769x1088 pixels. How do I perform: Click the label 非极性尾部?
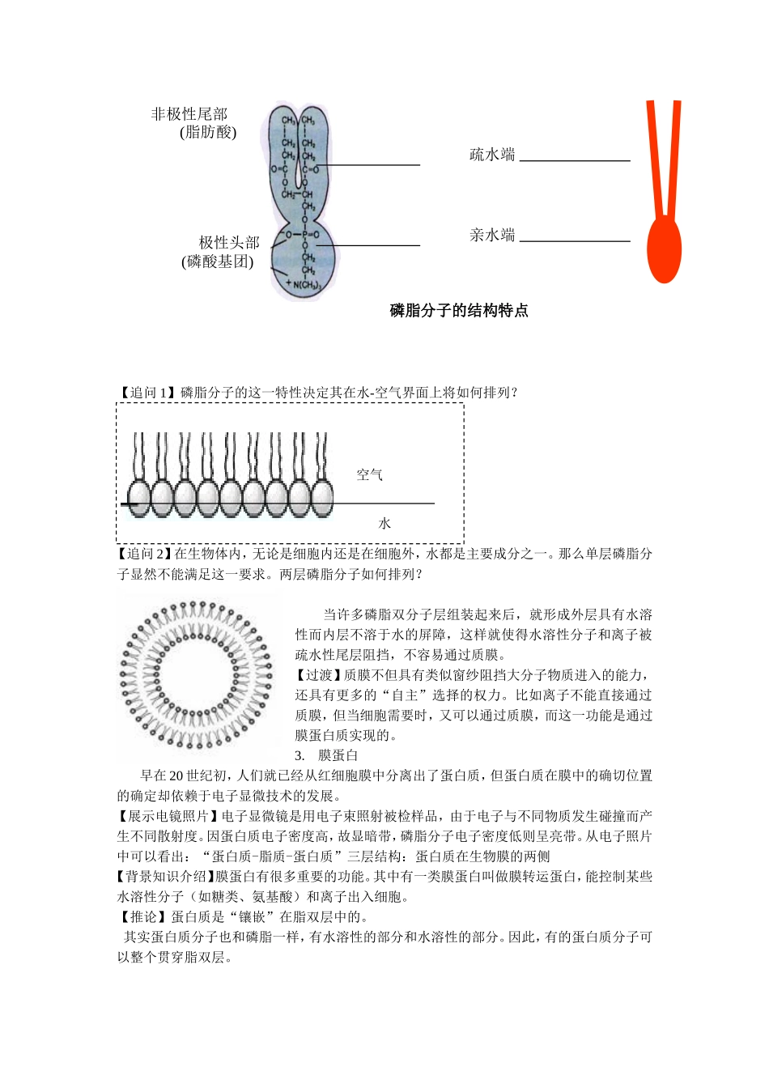coord(189,114)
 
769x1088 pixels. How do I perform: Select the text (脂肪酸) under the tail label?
coord(208,133)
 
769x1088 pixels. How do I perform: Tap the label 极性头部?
coord(229,243)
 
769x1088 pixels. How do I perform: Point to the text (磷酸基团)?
coord(217,261)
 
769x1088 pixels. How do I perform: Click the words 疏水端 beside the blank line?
coord(492,155)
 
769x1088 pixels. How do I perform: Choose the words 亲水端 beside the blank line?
coord(492,236)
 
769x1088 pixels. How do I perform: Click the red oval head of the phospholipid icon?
coord(665,249)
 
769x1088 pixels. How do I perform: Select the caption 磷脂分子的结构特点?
coord(459,311)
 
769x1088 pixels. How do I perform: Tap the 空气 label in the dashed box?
coord(370,475)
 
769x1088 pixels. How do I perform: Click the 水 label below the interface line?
coord(384,524)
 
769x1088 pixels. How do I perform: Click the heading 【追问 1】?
coord(147,393)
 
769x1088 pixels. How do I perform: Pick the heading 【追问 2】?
coord(145,554)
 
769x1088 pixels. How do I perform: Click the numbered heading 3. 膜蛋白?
coord(327,755)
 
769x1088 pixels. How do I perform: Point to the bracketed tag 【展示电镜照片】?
coord(168,816)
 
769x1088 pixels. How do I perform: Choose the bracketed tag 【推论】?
coord(143,917)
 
